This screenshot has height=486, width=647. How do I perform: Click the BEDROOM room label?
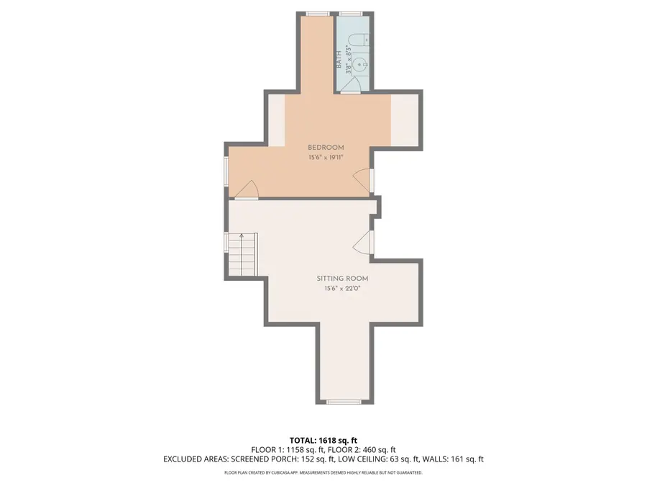pos(326,148)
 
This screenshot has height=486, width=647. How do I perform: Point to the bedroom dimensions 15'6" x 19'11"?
pos(326,158)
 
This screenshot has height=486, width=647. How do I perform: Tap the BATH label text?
pos(339,60)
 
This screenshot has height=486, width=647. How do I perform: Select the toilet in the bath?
pos(359,40)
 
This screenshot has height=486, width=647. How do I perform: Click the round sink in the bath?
pos(360,64)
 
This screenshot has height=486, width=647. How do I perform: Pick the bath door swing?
pos(351,84)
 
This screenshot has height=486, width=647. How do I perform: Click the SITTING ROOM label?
pos(342,279)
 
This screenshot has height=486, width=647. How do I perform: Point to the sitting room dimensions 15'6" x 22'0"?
pos(342,289)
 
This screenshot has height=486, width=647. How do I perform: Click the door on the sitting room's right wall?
pos(363,242)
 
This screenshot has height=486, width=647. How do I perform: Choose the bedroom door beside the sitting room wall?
pos(247,190)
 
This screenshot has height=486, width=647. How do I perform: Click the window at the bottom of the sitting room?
pos(344,401)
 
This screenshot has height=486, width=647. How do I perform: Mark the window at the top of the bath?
pos(351,14)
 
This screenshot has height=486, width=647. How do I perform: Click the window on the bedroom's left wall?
pos(226,170)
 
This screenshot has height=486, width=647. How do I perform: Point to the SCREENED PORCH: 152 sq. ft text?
pos(283,459)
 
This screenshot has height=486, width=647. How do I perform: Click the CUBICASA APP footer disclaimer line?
pos(323,472)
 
